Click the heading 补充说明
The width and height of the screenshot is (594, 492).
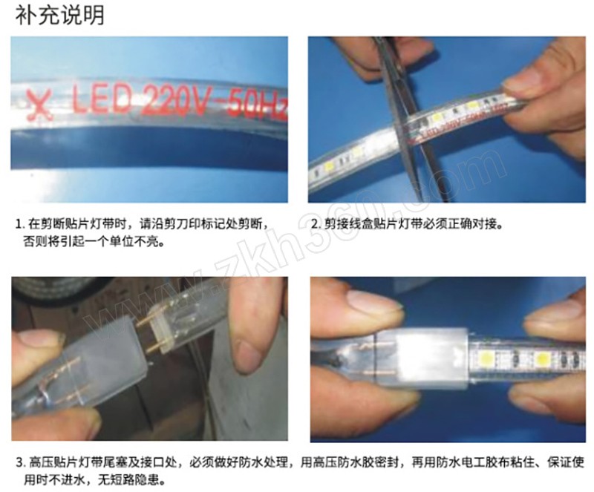(x=59, y=15)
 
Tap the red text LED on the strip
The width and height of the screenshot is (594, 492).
(x=102, y=99)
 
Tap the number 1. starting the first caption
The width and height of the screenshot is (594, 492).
(x=19, y=224)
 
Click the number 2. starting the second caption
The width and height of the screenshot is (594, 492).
(x=316, y=224)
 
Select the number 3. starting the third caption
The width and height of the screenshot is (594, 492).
(x=20, y=463)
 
